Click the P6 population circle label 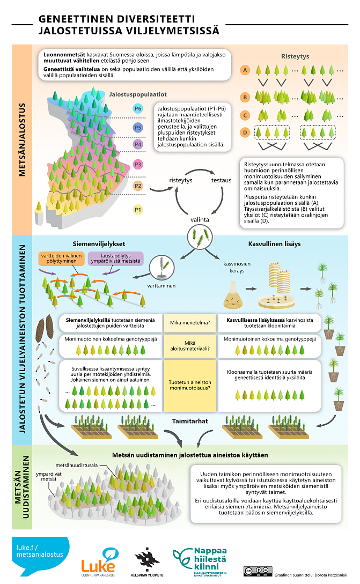pos(138,109)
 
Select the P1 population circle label pos(138,209)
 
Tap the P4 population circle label pos(138,144)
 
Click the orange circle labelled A pos(245,70)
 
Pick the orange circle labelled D pos(245,132)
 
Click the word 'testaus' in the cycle pos(221,180)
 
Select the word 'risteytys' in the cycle pos(180,180)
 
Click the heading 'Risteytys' pos(295,56)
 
